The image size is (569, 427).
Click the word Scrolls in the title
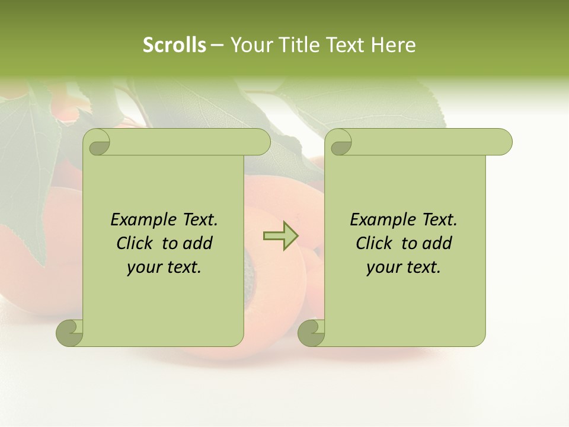(x=174, y=45)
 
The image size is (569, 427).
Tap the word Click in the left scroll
(x=133, y=243)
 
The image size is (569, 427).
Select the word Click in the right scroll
(x=373, y=243)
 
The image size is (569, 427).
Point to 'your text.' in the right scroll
(x=404, y=267)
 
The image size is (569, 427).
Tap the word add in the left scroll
(x=197, y=243)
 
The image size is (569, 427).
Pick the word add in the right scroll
(x=437, y=243)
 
